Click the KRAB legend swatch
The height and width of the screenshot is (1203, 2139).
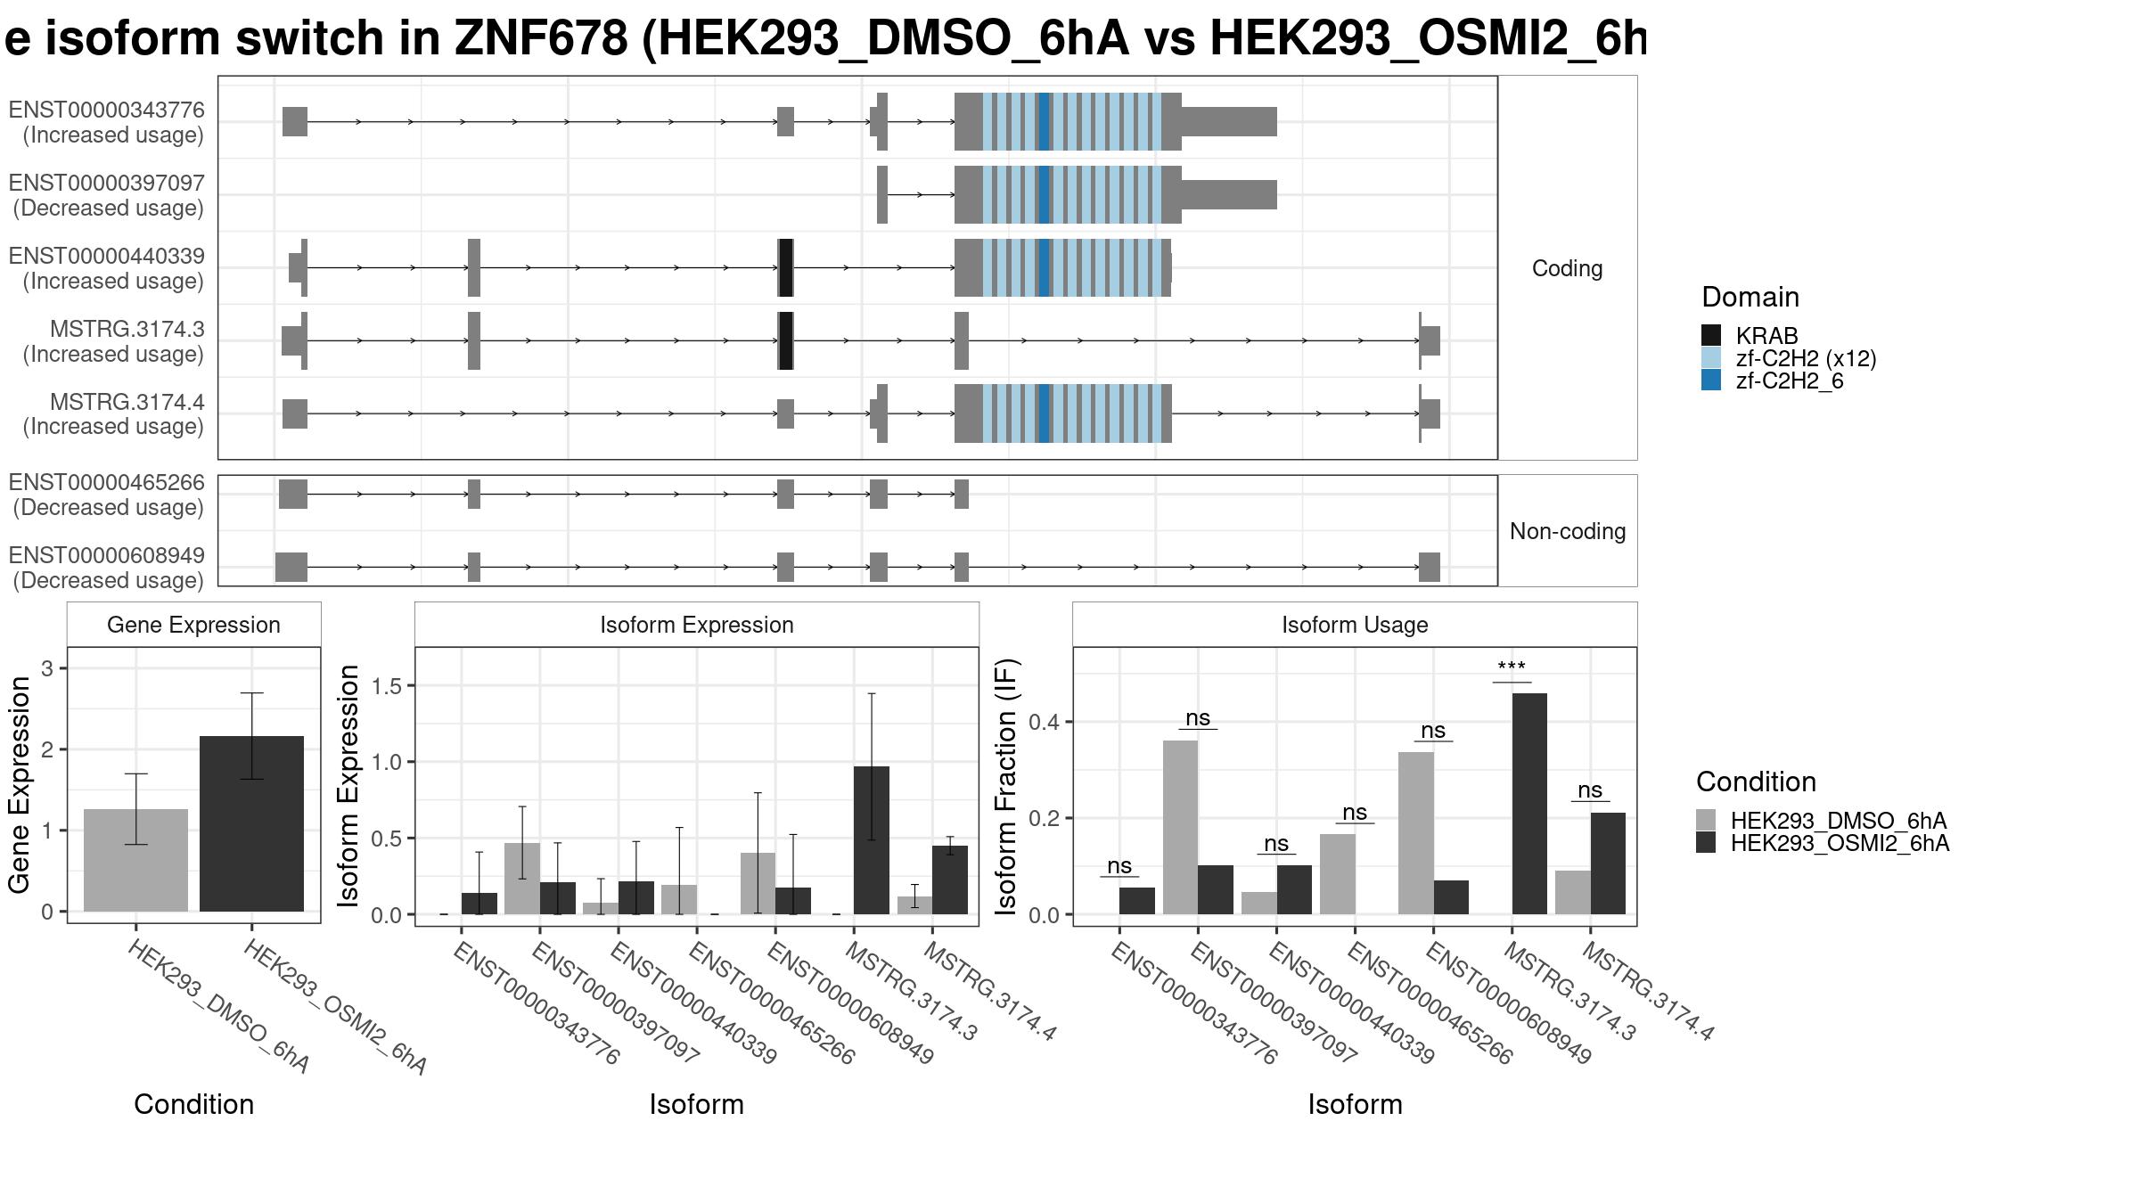click(1711, 335)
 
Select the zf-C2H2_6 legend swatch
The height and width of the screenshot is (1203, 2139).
click(1711, 381)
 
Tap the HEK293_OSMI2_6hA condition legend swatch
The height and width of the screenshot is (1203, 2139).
click(1706, 843)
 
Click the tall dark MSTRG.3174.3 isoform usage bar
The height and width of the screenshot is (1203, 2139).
click(1529, 804)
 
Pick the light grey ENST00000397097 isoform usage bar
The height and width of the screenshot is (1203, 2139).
click(1180, 827)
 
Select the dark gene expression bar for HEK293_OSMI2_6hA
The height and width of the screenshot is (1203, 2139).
click(251, 823)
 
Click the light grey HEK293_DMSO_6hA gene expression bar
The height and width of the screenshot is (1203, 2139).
click(135, 860)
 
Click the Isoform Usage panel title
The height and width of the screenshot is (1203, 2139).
click(1355, 625)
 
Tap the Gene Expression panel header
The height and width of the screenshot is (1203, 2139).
click(193, 625)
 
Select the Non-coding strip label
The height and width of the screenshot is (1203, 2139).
click(1568, 531)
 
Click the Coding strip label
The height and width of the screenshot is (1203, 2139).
click(1567, 268)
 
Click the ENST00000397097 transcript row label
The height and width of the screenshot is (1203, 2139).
click(107, 195)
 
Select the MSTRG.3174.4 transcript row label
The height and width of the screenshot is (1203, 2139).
click(114, 414)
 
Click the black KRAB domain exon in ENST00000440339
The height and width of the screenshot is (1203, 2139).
click(785, 267)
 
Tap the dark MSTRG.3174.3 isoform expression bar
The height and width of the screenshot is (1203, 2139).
click(871, 840)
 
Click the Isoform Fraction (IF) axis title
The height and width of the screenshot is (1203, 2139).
click(1005, 786)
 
